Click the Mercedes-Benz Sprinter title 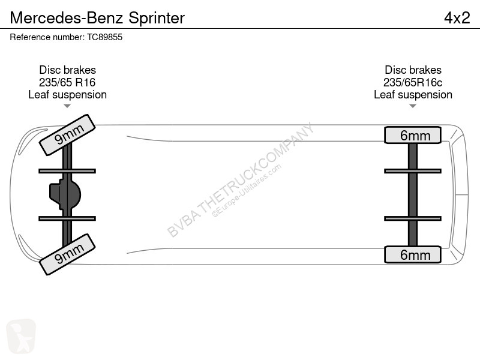[97, 18]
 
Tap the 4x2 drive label [457, 18]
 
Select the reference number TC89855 [104, 37]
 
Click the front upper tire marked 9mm [67, 134]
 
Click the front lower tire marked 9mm [67, 254]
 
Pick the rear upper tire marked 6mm [413, 135]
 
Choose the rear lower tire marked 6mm [413, 254]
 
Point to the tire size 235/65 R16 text [67, 82]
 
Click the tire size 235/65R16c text [413, 82]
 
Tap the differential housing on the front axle [65, 194]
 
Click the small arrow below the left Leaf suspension [67, 106]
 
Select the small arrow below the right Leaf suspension [413, 106]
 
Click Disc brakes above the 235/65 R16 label [67, 70]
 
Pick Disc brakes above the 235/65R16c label [413, 70]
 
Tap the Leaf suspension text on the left [67, 95]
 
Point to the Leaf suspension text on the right [413, 95]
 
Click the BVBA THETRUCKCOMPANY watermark [241, 180]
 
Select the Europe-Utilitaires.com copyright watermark [247, 191]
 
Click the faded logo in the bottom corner [21, 336]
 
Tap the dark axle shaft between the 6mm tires [413, 194]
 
